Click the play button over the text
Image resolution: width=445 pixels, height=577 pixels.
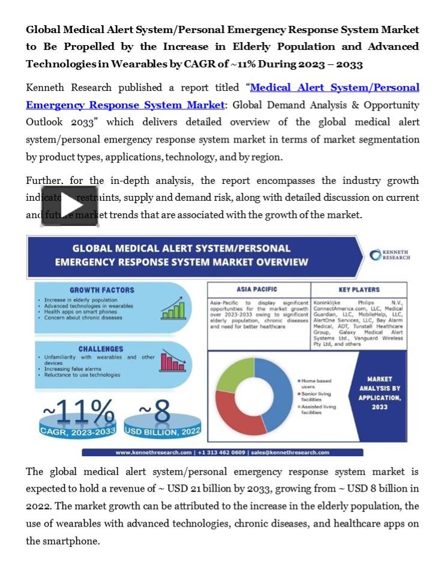[x=70, y=206]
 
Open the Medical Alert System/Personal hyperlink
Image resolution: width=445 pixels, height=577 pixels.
[x=335, y=88]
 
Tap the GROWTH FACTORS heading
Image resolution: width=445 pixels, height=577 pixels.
[x=101, y=290]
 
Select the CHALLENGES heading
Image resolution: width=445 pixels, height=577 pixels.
[x=101, y=349]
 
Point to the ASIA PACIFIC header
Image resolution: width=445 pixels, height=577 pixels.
[x=256, y=290]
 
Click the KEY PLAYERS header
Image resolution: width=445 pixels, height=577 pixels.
[x=359, y=290]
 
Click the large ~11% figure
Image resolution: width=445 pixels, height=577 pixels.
[x=77, y=412]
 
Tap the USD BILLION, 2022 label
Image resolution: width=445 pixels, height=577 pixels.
[x=162, y=432]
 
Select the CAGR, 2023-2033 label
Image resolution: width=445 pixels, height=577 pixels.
[x=77, y=432]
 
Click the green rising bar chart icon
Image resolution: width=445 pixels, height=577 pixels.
[x=173, y=309]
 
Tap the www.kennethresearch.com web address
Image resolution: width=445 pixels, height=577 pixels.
[x=153, y=452]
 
